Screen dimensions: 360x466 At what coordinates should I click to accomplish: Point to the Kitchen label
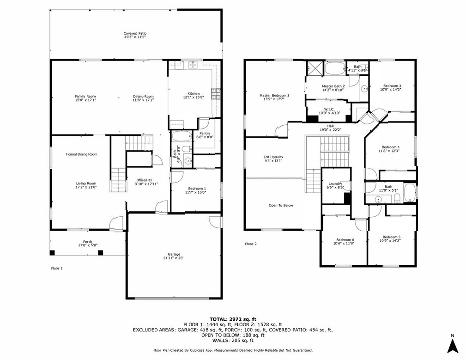[193, 93]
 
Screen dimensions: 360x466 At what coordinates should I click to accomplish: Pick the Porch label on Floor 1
[87, 242]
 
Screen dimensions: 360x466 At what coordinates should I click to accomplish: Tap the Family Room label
[85, 96]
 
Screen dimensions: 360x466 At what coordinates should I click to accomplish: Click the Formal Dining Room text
[82, 154]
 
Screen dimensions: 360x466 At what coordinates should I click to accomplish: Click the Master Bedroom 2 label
[274, 95]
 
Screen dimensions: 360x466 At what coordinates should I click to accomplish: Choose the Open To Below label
[281, 205]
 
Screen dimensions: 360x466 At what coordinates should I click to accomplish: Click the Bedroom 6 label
[345, 239]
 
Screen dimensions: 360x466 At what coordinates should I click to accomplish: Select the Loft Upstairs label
[273, 157]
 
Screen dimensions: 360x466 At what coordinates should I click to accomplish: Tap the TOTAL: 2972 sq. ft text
[233, 319]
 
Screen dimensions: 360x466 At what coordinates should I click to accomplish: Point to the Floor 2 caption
[250, 244]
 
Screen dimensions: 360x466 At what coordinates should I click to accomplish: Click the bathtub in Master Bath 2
[334, 68]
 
